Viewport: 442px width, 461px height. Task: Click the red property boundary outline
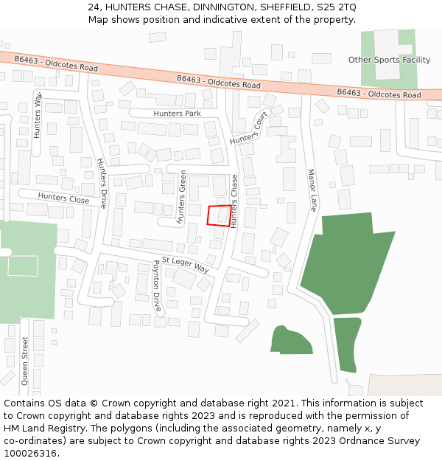(218, 215)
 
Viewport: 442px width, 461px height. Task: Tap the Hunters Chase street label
(234, 201)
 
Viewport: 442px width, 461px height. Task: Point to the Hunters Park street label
(177, 114)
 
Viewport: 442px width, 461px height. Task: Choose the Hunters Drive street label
(103, 183)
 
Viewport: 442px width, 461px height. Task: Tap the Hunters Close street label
(63, 198)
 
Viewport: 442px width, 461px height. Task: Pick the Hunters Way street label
(38, 117)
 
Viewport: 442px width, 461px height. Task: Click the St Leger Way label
(186, 266)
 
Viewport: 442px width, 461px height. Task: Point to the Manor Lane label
(311, 190)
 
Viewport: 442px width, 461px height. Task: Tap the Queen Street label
(25, 361)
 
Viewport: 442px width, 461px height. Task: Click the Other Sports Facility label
(389, 60)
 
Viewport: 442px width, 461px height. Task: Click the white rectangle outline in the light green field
(23, 266)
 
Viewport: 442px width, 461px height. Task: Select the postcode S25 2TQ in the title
(335, 7)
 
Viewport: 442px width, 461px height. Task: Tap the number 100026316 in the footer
(32, 454)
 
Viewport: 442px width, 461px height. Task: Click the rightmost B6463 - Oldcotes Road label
(379, 94)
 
